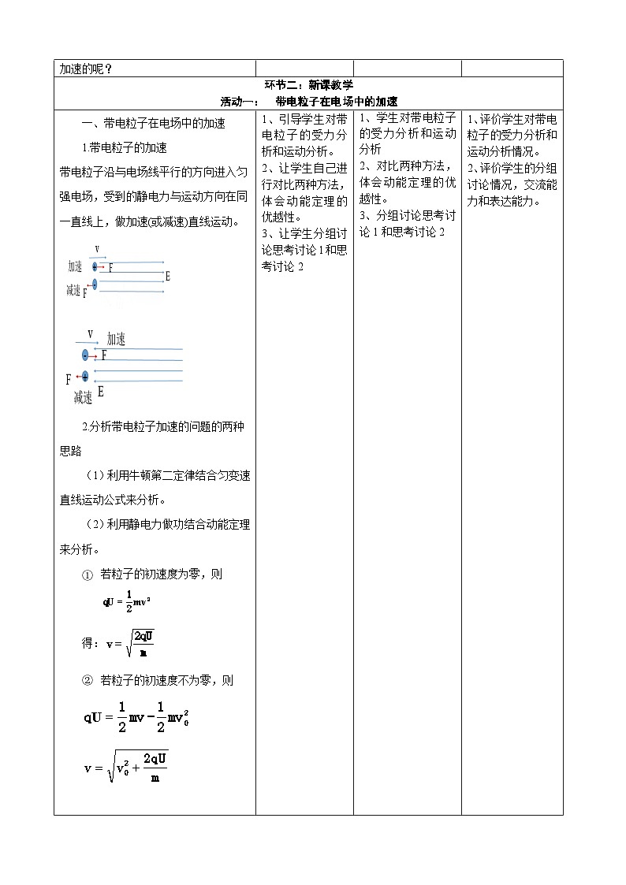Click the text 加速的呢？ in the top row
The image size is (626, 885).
click(x=86, y=69)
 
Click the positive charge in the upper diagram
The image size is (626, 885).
click(x=95, y=267)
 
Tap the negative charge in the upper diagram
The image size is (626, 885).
click(x=95, y=284)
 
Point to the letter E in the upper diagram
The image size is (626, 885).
click(x=167, y=277)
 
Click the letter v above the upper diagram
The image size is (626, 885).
click(x=97, y=250)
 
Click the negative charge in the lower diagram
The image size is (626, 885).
click(x=85, y=355)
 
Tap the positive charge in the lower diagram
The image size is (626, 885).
click(x=85, y=376)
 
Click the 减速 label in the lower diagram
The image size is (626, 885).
click(x=83, y=398)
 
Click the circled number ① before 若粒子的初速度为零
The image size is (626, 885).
click(x=88, y=575)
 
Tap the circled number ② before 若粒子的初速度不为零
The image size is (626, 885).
click(x=88, y=680)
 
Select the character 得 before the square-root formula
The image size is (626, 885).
click(x=88, y=643)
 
